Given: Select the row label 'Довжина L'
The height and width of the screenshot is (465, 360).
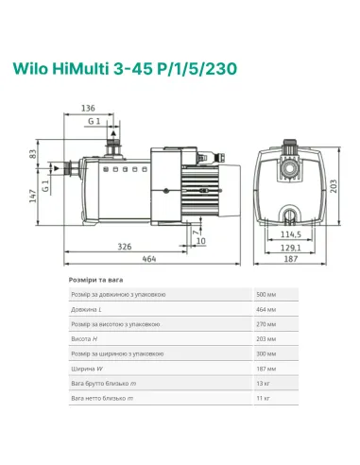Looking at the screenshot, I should tap(88, 309).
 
